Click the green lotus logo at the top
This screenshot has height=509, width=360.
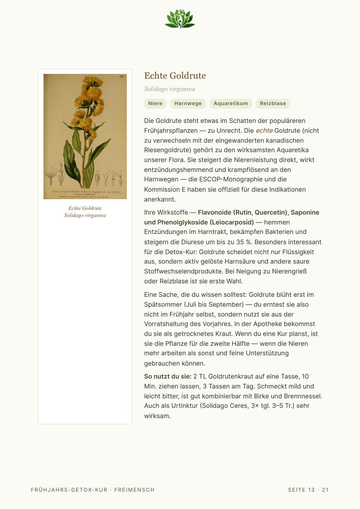180,19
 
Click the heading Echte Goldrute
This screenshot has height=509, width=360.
175,75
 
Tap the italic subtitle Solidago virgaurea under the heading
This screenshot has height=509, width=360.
169,89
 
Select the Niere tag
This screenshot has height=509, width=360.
155,104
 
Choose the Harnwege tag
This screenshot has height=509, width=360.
188,104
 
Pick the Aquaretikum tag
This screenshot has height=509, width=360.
231,104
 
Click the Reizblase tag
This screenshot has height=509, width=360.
273,104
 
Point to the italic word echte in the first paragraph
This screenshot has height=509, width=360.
264,130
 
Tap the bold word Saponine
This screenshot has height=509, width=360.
305,212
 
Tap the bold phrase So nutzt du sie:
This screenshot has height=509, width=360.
168,376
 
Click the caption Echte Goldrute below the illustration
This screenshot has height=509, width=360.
85,208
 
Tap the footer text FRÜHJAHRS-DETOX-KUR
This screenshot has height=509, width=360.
69,490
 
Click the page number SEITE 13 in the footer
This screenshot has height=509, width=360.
302,490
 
